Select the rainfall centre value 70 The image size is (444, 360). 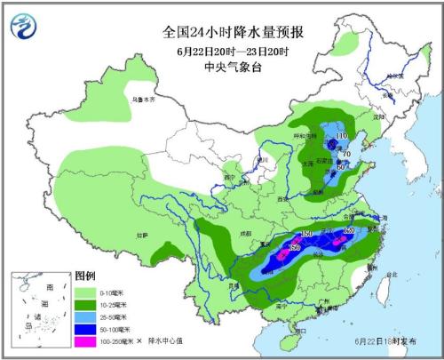click(347, 154)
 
